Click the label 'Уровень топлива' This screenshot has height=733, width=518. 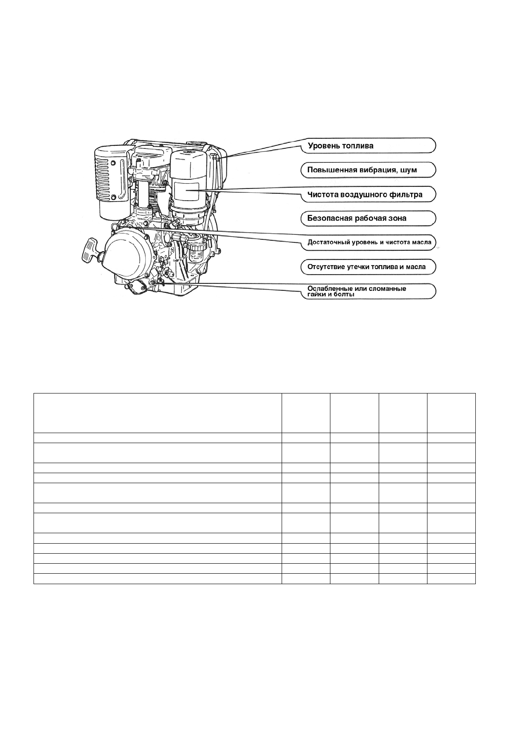pyautogui.click(x=340, y=146)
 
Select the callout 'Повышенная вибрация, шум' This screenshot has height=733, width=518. pyautogui.click(x=362, y=170)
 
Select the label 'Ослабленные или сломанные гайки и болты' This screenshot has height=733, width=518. pyautogui.click(x=357, y=291)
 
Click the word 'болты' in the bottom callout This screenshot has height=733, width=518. pyautogui.click(x=343, y=295)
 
